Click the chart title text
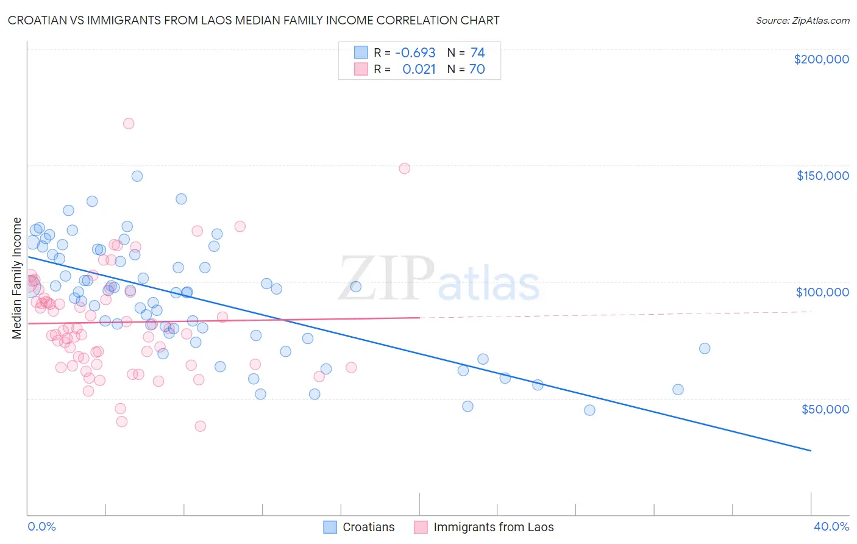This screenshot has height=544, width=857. point(254,20)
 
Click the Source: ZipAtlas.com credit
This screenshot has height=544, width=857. point(802,20)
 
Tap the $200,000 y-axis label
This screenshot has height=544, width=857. point(821,59)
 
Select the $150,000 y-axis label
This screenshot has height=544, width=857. point(822,176)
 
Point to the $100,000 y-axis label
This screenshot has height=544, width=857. point(822,292)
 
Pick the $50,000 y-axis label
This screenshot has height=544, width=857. point(825,409)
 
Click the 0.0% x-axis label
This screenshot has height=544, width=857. point(41,526)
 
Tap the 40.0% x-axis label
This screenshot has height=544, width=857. point(831,526)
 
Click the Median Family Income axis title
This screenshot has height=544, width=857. point(17,278)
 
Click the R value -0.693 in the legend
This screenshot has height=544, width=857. point(415,53)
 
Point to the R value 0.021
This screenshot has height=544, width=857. point(419,70)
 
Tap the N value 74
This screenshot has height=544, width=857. point(477,53)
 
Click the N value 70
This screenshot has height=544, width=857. point(477,70)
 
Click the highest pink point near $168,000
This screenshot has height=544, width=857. point(129,123)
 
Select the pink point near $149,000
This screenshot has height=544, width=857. point(404,168)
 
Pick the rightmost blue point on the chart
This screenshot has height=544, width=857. point(705,348)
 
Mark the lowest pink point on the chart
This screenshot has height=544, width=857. point(200,426)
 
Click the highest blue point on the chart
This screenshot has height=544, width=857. point(137,176)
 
